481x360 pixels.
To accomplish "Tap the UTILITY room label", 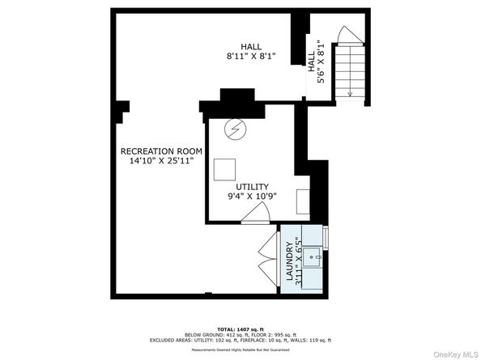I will (252, 187).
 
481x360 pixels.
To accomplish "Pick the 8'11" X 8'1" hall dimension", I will (251, 57).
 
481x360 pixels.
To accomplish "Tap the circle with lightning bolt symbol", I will (236, 129).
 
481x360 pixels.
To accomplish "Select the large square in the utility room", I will (224, 169).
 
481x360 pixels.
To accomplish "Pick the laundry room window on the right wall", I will (326, 237).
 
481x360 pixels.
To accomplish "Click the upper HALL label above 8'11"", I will (251, 46).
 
